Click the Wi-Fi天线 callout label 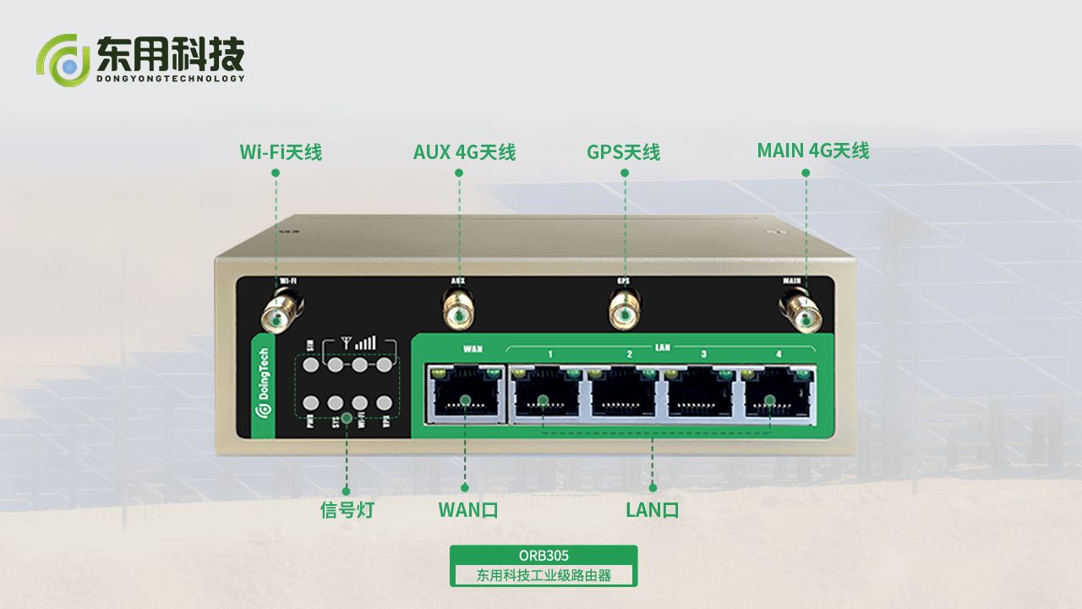(281, 152)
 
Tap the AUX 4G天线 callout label (464, 152)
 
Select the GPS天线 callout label (623, 152)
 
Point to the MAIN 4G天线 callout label (812, 151)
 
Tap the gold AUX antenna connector (458, 312)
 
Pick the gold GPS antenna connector (625, 313)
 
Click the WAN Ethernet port (465, 395)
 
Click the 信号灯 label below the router (347, 510)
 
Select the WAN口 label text (467, 510)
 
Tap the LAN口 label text (653, 510)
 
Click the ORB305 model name (544, 556)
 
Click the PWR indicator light (310, 403)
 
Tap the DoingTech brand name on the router (264, 385)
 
